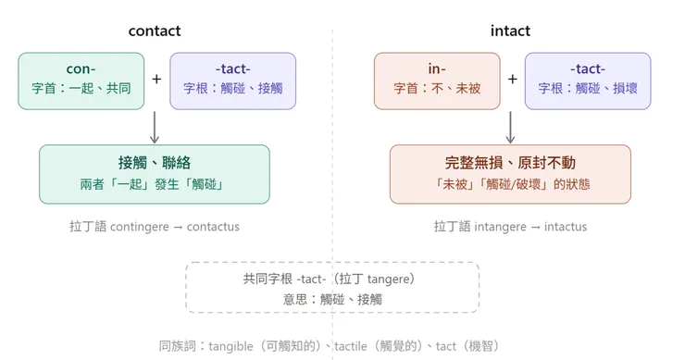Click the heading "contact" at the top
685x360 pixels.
click(x=155, y=31)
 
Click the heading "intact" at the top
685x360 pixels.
click(x=510, y=31)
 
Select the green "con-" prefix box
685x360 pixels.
click(x=81, y=81)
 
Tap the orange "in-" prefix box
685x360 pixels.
click(x=436, y=81)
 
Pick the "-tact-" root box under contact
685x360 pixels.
click(x=232, y=81)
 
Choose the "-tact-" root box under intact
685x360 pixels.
click(x=587, y=81)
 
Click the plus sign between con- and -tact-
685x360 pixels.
click(x=156, y=80)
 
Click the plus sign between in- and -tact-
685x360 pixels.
click(x=512, y=80)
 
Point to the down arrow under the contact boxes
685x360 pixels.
click(x=155, y=127)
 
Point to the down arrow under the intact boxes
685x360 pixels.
click(x=510, y=127)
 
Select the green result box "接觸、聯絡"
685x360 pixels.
click(x=155, y=173)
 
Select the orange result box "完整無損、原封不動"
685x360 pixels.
click(x=510, y=173)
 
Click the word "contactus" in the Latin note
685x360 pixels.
click(x=213, y=227)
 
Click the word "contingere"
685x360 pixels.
click(x=141, y=227)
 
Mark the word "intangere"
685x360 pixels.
click(x=503, y=227)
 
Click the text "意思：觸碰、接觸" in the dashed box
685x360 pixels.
click(x=332, y=299)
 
